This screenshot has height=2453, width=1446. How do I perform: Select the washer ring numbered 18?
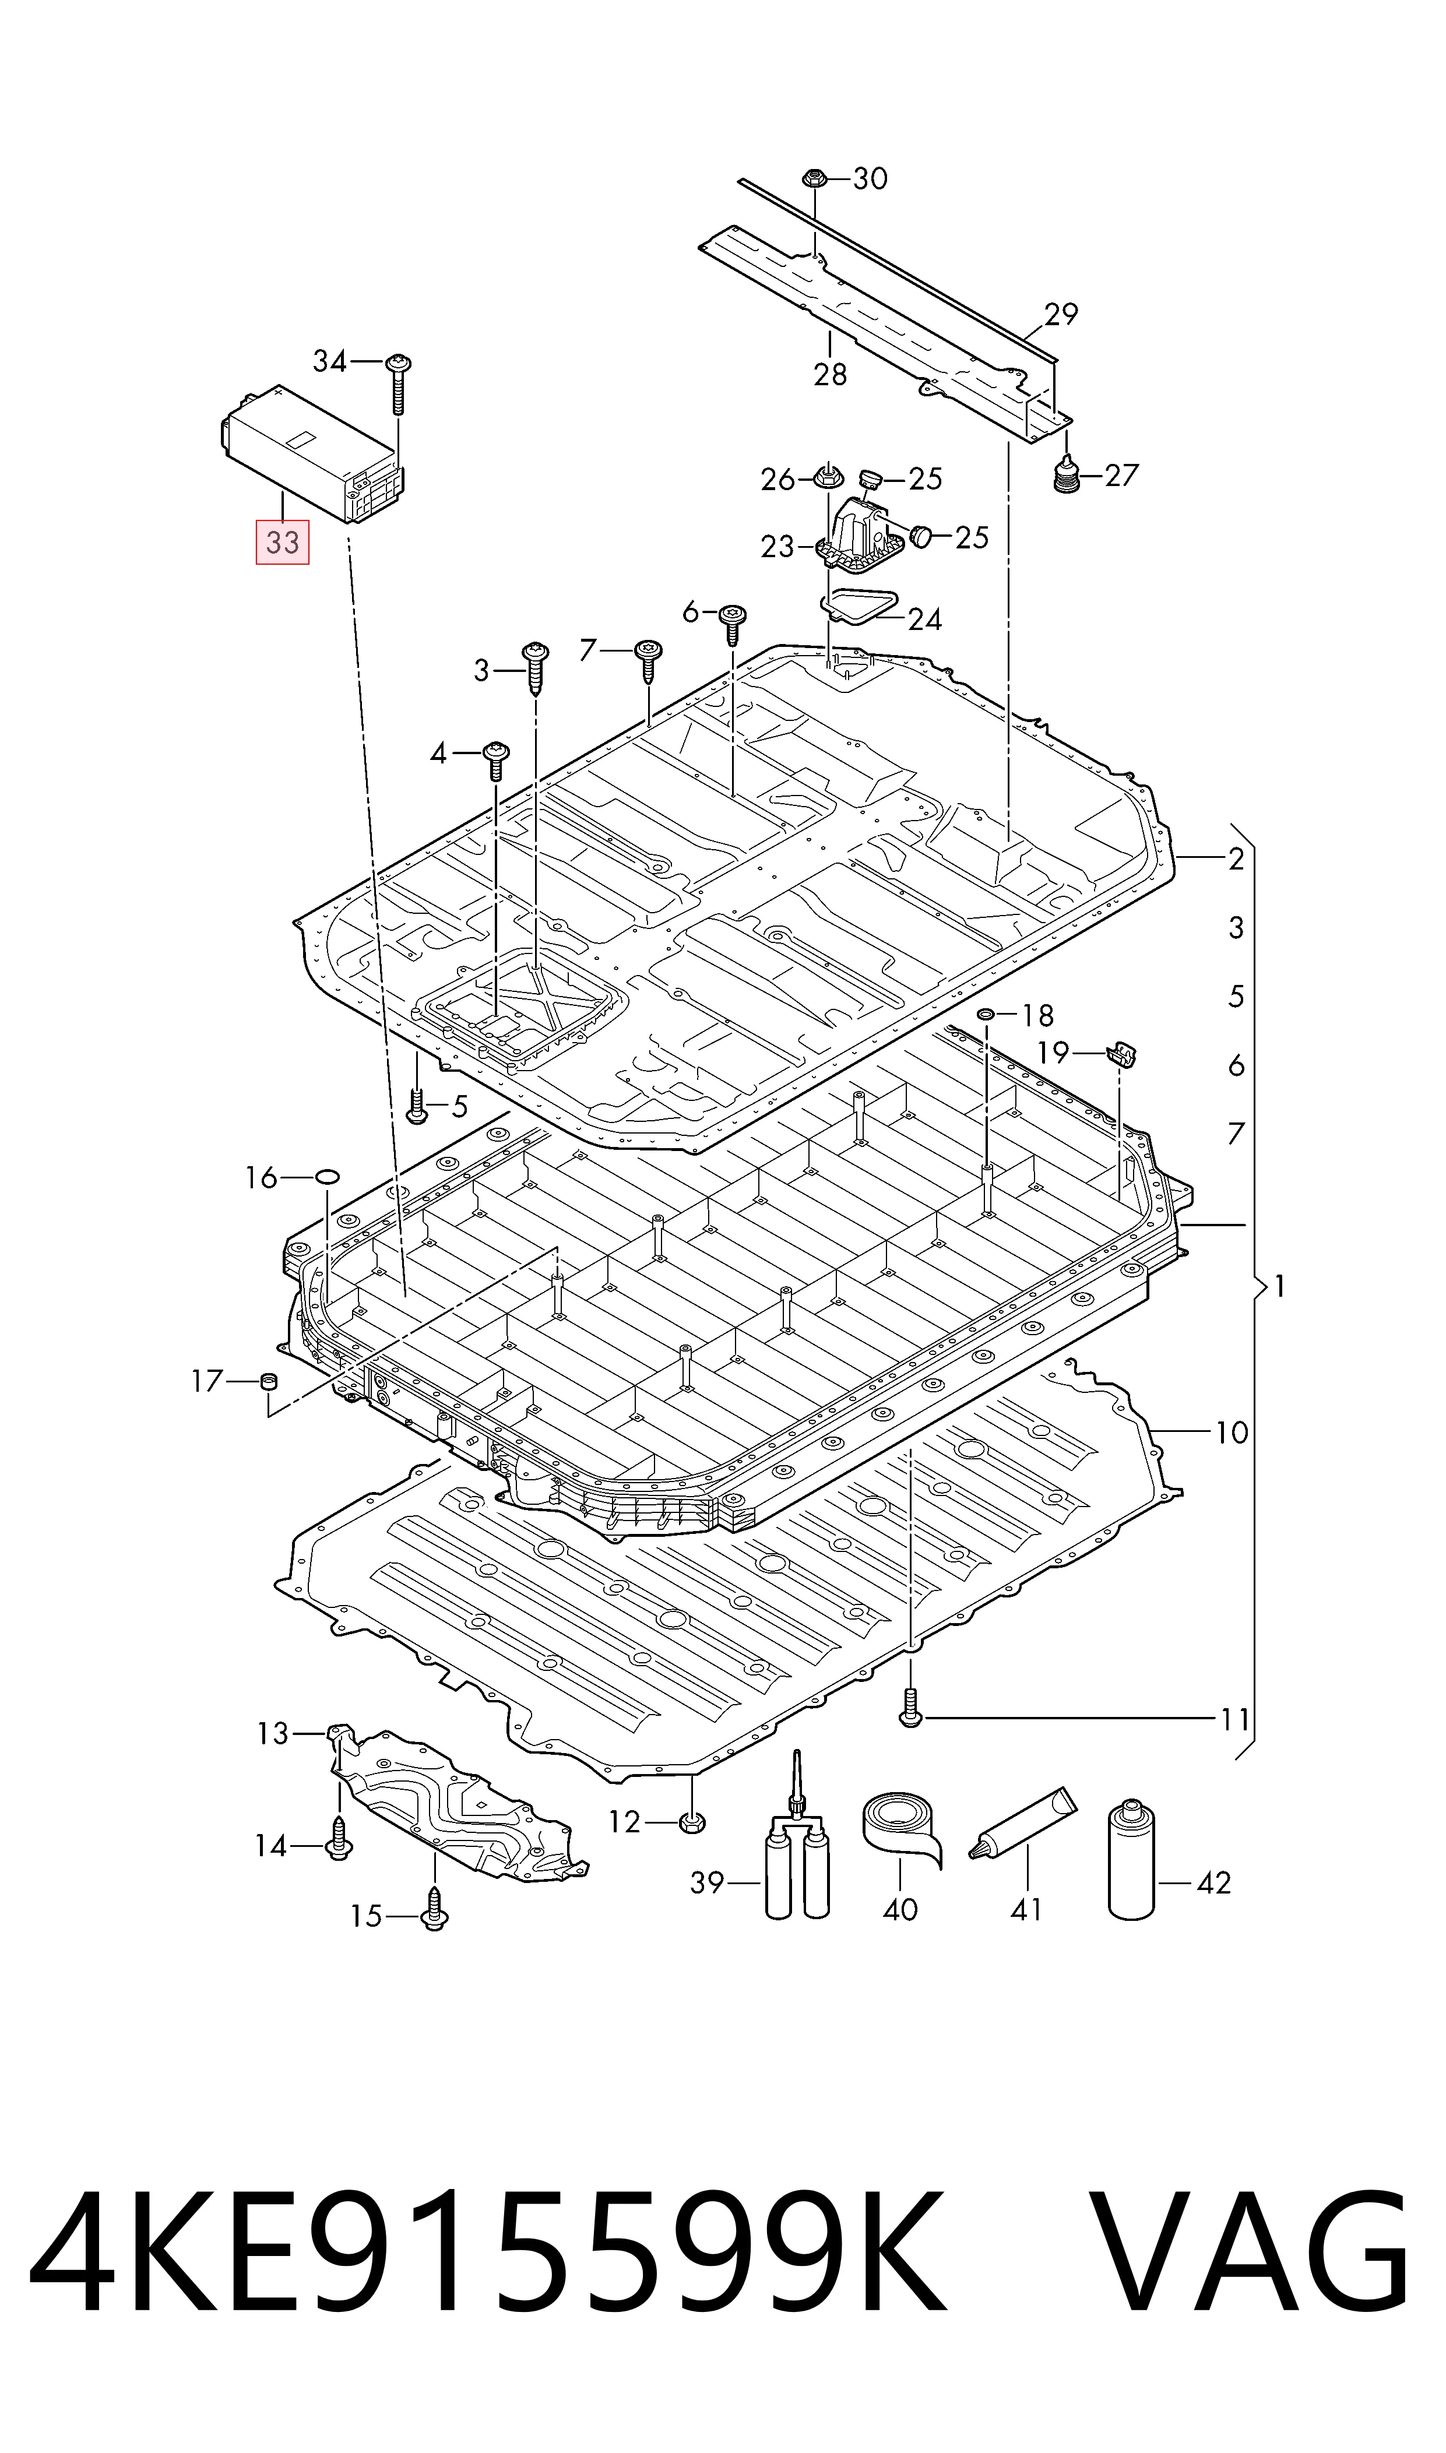[986, 1015]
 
